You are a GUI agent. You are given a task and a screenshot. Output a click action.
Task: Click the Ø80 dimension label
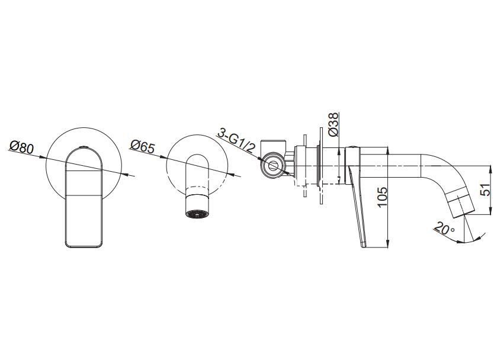pos(21,147)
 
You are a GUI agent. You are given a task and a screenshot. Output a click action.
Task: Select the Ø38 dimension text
pos(334,124)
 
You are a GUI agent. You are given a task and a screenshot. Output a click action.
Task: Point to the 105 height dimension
pos(383,197)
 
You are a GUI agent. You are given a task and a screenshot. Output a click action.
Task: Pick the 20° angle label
pos(444,229)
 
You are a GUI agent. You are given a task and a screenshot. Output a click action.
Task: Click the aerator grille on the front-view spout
pos(197,214)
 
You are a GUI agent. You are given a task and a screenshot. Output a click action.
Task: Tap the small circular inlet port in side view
pos(272,166)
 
